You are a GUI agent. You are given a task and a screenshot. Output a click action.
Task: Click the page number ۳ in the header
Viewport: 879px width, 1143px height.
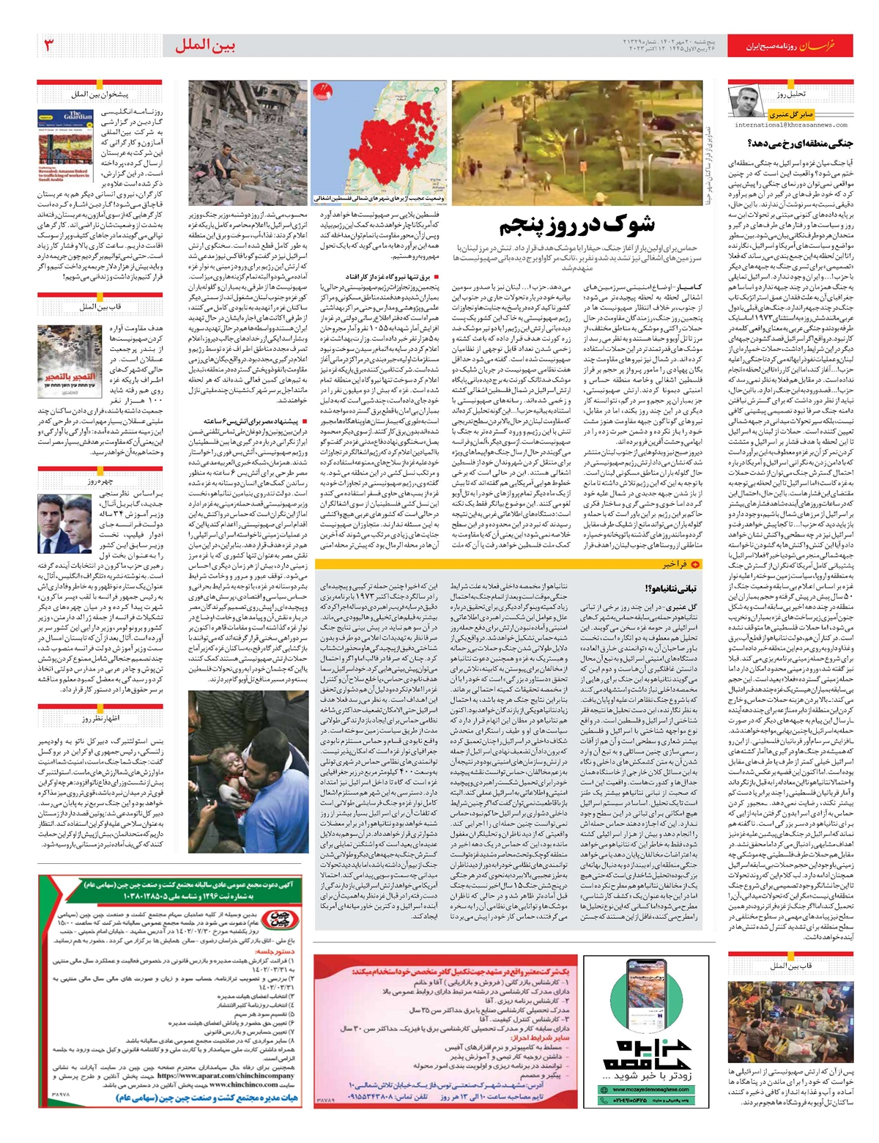click(49, 45)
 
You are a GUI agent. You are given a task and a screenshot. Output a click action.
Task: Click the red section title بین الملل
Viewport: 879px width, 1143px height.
click(204, 46)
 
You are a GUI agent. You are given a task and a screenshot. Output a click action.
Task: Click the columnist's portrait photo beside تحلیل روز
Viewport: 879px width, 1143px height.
click(745, 101)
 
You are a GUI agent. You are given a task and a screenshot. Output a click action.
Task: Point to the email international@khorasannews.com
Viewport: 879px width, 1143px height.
click(791, 125)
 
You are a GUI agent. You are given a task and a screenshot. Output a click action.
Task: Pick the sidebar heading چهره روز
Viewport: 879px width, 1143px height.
click(102, 481)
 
